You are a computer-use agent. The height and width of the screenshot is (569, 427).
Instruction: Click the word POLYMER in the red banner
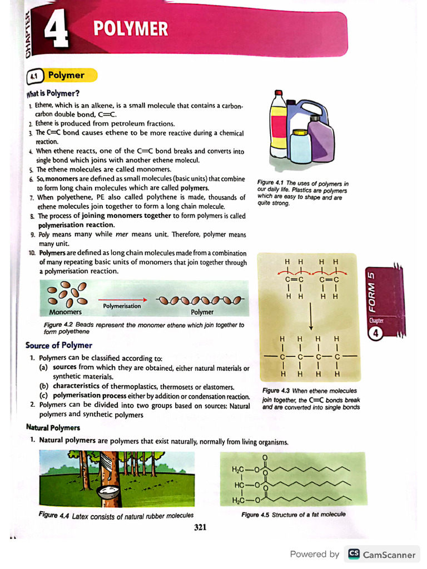tap(130, 28)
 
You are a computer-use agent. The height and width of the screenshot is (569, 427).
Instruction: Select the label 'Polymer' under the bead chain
tap(202, 312)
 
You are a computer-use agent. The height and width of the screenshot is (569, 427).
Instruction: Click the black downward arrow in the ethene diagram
tap(311, 318)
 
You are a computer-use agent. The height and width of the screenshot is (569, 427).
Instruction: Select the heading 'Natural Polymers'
tap(53, 427)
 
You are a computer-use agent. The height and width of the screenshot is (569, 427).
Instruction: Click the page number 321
tap(200, 527)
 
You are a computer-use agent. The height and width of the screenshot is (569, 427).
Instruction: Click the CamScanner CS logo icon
tap(354, 554)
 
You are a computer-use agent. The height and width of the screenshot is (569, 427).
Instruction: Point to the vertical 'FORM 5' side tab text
tap(372, 292)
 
